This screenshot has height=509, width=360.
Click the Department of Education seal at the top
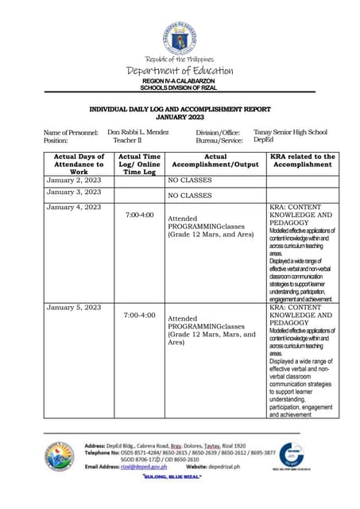pos(180,38)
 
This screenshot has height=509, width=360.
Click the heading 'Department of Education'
pos(180,72)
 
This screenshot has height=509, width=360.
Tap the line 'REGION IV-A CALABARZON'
pos(180,81)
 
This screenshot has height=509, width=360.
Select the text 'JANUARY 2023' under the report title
pos(180,117)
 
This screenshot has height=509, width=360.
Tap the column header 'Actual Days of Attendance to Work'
pos(79,164)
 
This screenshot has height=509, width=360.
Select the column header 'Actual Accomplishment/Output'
pos(215,161)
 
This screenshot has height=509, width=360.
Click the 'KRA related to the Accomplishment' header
pos(302,161)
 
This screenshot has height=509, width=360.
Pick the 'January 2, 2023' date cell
pos(74,180)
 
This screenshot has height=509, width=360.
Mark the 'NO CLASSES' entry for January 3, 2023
pos(190,194)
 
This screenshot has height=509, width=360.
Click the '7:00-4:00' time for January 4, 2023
pos(140,215)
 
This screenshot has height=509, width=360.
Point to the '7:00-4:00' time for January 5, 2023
pos(140,316)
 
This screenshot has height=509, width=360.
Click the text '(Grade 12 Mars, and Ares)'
pos(207,235)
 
